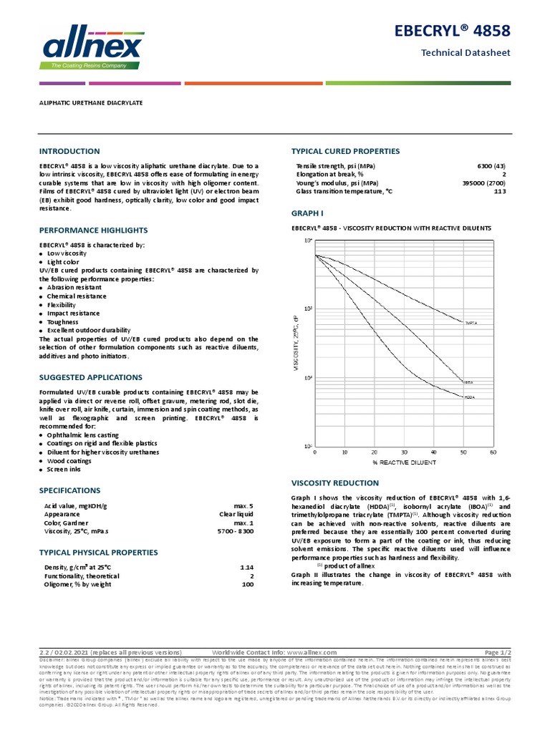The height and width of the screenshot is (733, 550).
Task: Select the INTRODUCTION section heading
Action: [x=69, y=152]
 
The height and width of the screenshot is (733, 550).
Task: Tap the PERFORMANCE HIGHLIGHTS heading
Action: [x=93, y=230]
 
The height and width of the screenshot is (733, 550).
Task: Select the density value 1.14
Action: [x=247, y=568]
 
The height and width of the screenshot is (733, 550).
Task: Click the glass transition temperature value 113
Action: [x=500, y=192]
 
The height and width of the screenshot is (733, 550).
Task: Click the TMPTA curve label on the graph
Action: [x=471, y=324]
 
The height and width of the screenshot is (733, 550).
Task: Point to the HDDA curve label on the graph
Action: [x=470, y=397]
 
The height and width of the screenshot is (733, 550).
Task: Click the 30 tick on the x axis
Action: [x=404, y=452]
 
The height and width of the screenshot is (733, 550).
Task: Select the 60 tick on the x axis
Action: [x=493, y=452]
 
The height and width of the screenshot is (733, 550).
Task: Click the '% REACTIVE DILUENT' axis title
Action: [x=404, y=462]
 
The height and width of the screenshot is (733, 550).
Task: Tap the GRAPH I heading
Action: [x=307, y=213]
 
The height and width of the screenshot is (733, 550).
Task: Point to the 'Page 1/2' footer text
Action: [x=498, y=653]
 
